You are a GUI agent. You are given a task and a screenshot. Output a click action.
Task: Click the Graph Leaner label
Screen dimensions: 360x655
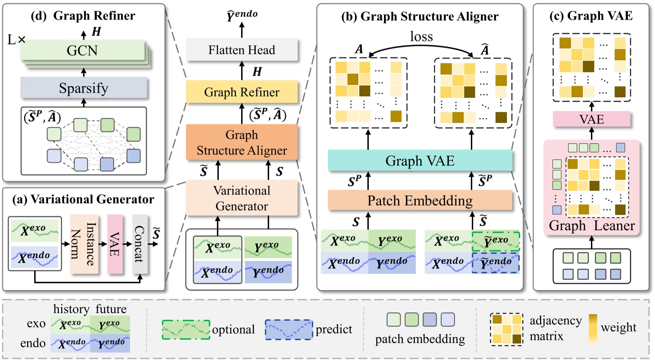(591, 226)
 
